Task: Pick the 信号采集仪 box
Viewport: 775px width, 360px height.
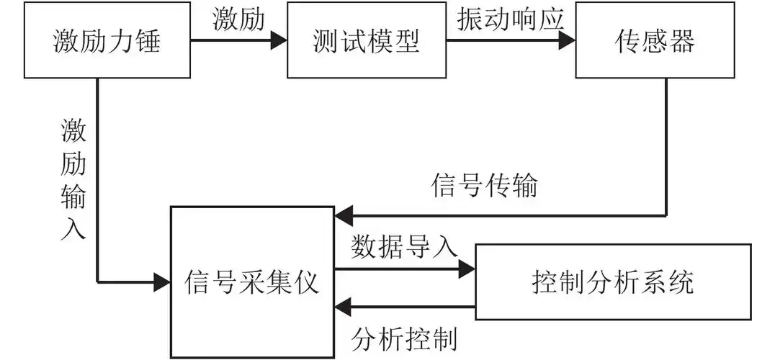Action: (252, 282)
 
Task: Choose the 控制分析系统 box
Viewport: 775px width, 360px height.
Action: (613, 282)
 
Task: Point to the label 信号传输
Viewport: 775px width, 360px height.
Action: (484, 186)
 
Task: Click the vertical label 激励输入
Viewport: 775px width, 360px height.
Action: (73, 180)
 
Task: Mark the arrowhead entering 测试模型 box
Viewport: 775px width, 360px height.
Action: (279, 40)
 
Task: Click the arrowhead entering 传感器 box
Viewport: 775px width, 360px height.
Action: (568, 40)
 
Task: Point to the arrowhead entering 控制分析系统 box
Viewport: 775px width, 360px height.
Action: (467, 269)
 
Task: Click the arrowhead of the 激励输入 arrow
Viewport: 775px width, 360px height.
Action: (162, 282)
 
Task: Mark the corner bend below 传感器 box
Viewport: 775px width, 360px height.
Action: (666, 215)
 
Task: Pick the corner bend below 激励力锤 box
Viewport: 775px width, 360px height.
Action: (97, 282)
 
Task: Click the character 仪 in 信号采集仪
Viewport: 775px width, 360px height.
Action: (306, 282)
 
